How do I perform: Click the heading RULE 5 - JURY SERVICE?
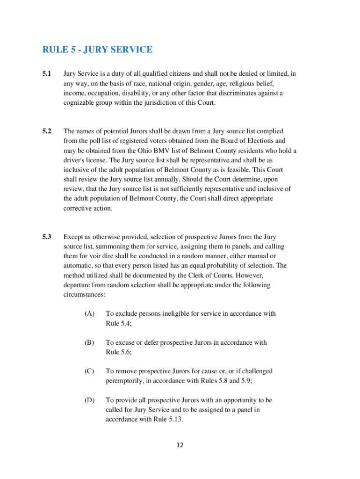[x=97, y=50]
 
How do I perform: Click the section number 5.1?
[x=47, y=74]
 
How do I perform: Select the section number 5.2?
[x=47, y=131]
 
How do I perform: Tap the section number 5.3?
[x=47, y=237]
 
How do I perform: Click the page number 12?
[x=180, y=445]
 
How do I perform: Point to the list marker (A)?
[x=89, y=313]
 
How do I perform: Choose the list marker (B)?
[x=89, y=342]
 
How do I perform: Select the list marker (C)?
[x=89, y=371]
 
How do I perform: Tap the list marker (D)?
[x=89, y=400]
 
